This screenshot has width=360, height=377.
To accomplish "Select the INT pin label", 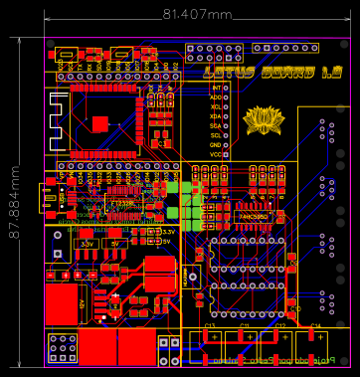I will [x=216, y=88].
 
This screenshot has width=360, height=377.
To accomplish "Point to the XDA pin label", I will [x=216, y=116].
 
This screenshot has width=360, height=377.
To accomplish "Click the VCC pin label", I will [x=216, y=154].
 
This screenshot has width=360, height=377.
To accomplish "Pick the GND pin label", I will [x=216, y=145].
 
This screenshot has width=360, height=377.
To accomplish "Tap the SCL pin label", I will [x=216, y=135].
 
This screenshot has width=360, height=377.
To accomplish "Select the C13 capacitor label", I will [x=210, y=326].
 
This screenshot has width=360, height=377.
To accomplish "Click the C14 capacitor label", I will [x=315, y=326].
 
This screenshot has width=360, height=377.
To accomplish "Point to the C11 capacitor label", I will [x=244, y=326].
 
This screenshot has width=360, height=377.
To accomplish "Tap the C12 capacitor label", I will [x=280, y=326].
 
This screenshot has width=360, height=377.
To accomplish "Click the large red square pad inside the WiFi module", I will [x=100, y=122].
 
